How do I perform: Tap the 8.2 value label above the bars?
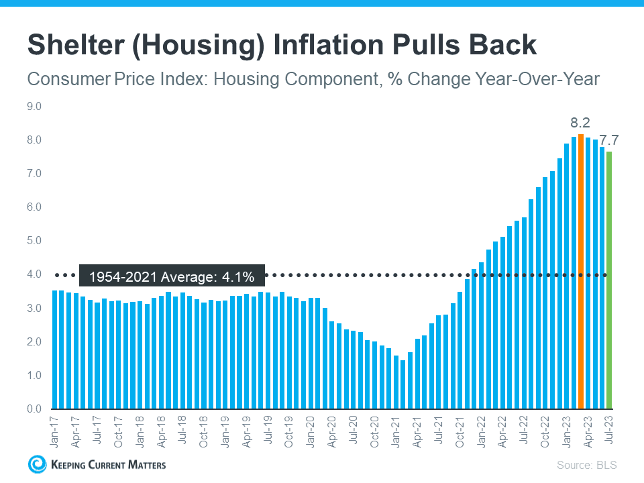tap(580, 123)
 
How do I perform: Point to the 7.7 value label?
tap(609, 140)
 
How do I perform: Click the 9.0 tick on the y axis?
tap(34, 107)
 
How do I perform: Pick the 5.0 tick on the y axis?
tap(34, 241)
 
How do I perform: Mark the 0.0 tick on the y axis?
tap(34, 409)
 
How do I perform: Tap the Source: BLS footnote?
tap(586, 464)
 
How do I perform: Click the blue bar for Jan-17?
tap(55, 350)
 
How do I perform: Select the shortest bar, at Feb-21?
tap(403, 384)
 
